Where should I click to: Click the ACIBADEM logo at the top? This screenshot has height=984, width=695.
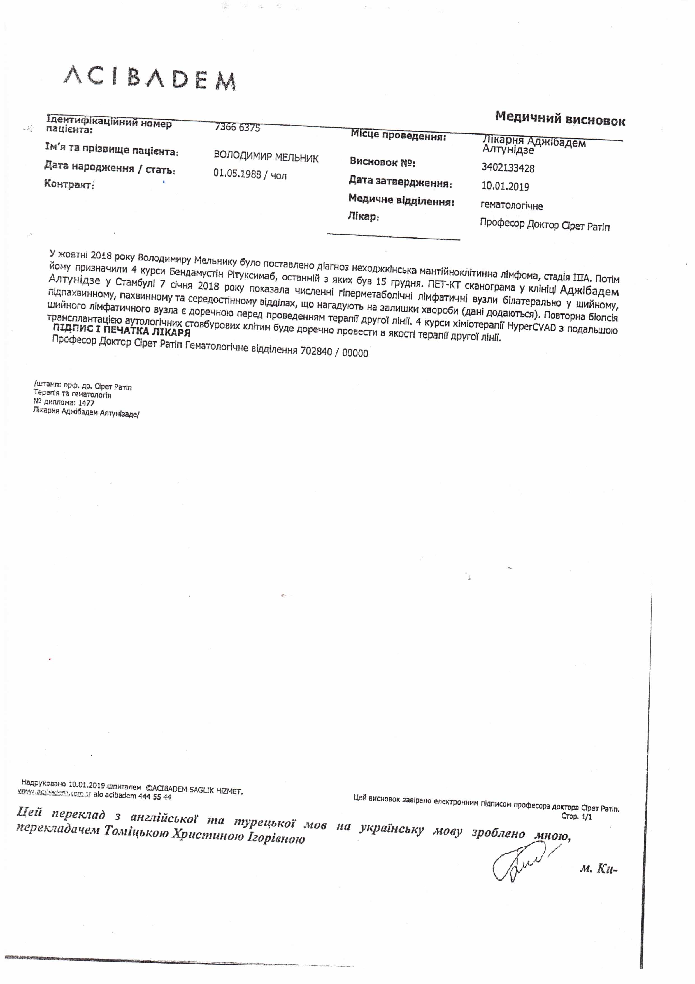(149, 78)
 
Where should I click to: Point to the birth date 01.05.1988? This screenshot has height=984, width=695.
(237, 174)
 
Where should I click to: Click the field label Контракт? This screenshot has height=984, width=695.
(69, 185)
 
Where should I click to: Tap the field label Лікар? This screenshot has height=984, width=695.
(363, 216)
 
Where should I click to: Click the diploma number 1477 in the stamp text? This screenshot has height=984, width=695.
(86, 403)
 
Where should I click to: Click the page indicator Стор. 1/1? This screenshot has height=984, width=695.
(576, 816)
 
